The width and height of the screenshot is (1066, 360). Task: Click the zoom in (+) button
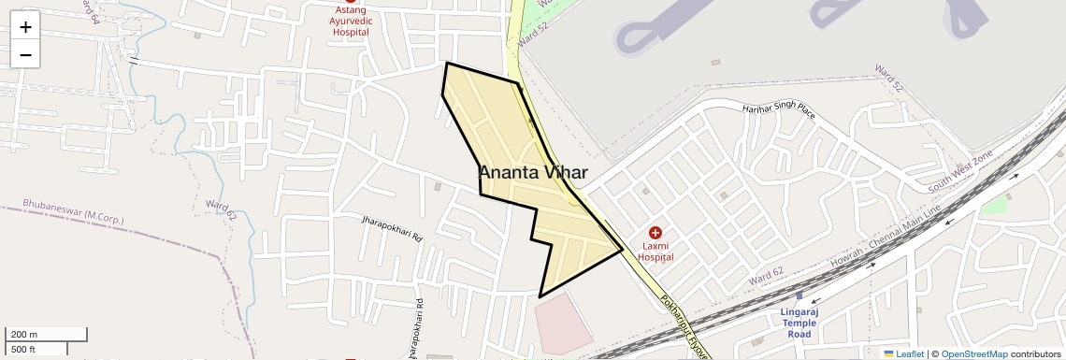pyautogui.click(x=25, y=26)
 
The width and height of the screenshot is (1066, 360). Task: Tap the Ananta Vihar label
pyautogui.click(x=533, y=173)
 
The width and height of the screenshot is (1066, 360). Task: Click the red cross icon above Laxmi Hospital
pyautogui.click(x=655, y=232)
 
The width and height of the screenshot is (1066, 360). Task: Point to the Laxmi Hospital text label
pyautogui.click(x=656, y=251)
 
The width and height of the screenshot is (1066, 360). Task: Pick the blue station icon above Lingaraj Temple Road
pyautogui.click(x=799, y=295)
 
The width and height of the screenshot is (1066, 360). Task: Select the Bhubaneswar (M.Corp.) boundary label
pyautogui.click(x=73, y=211)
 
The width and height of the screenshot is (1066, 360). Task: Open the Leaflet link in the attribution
pyautogui.click(x=903, y=353)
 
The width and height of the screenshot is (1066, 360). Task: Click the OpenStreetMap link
pyautogui.click(x=974, y=353)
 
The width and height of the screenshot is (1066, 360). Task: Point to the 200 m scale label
pyautogui.click(x=23, y=335)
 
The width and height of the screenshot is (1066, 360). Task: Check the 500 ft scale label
pyautogui.click(x=23, y=349)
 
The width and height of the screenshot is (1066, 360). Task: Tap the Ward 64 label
pyautogui.click(x=91, y=11)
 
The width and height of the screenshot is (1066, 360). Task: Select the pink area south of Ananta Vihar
pyautogui.click(x=562, y=324)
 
